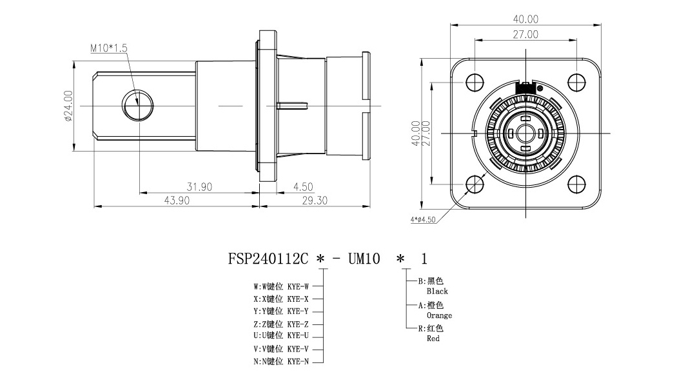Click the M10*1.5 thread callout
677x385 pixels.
pyautogui.click(x=109, y=48)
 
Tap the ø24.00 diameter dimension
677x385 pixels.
pyautogui.click(x=68, y=106)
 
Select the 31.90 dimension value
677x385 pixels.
pyautogui.click(x=199, y=187)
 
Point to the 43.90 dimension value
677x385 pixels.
pyautogui.click(x=177, y=201)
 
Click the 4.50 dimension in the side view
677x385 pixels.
pyautogui.click(x=303, y=187)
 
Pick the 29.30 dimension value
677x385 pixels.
pyautogui.click(x=315, y=201)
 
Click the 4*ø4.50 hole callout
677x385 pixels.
pyautogui.click(x=423, y=220)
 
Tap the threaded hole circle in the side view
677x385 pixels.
pyautogui.click(x=138, y=105)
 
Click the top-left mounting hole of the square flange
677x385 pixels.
pyautogui.click(x=475, y=82)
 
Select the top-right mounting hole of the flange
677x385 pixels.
pyautogui.click(x=576, y=82)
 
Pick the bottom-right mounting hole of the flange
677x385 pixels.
pyautogui.click(x=576, y=184)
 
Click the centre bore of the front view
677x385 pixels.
pyautogui.click(x=525, y=133)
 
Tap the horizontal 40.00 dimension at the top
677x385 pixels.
pyautogui.click(x=525, y=19)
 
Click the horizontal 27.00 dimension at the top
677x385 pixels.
pyautogui.click(x=525, y=35)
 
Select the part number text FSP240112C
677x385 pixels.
pyautogui.click(x=268, y=259)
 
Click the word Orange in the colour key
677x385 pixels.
pyautogui.click(x=440, y=315)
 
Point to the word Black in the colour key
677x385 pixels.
pyautogui.click(x=437, y=291)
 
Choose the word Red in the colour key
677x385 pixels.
pyautogui.click(x=433, y=339)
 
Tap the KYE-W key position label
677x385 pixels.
pyautogui.click(x=299, y=286)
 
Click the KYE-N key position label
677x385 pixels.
pyautogui.click(x=299, y=362)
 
